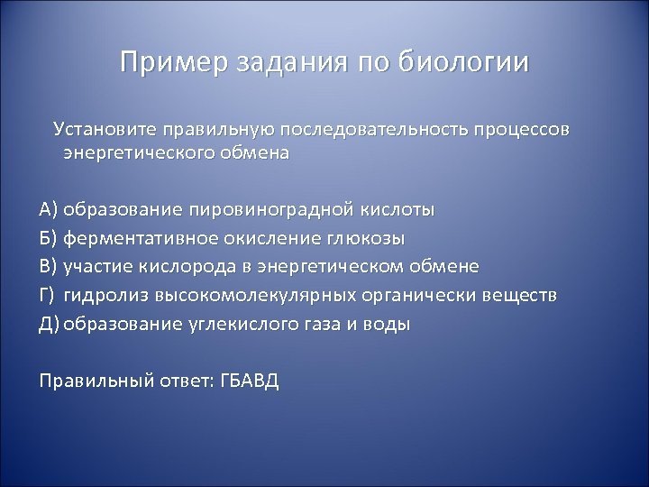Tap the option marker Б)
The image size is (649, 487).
click(x=50, y=238)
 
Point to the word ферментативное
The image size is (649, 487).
click(x=128, y=238)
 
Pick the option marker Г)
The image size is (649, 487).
click(x=49, y=296)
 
